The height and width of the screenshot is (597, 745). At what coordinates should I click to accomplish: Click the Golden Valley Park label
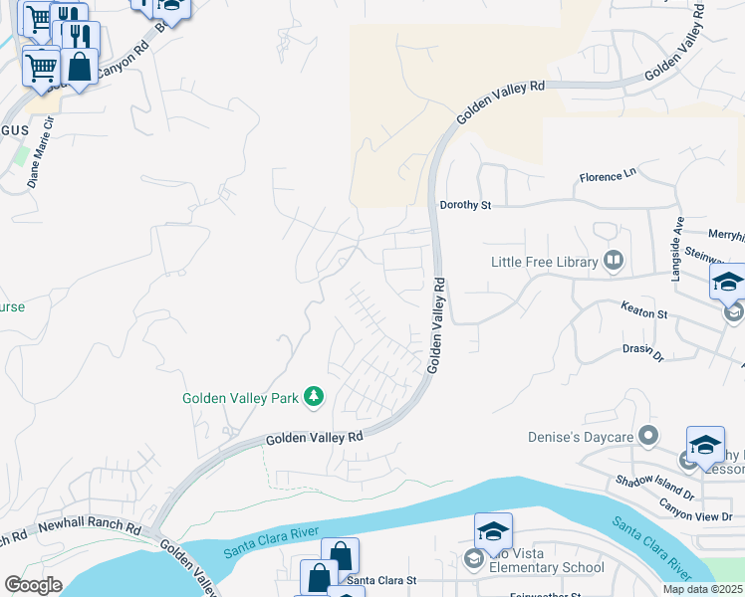[x=240, y=398]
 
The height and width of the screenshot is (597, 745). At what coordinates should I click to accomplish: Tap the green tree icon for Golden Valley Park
[x=314, y=398]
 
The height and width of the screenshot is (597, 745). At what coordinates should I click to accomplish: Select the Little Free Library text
[x=544, y=263]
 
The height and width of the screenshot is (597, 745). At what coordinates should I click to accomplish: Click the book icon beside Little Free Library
[x=614, y=262]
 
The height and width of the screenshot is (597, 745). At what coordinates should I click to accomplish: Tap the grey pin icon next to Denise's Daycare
[x=649, y=436]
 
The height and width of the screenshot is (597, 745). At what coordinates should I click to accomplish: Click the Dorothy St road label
[x=466, y=206]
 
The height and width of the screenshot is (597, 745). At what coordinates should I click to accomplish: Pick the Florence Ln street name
[x=608, y=178]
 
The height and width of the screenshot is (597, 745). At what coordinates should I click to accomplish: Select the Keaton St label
[x=643, y=312]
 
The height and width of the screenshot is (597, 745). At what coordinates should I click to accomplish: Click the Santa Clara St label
[x=381, y=580]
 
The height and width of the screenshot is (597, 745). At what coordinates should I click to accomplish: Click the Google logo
[x=33, y=584]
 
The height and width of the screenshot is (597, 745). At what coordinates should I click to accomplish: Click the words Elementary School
[x=555, y=568]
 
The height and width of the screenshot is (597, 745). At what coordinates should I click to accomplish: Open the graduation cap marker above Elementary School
[x=493, y=532]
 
